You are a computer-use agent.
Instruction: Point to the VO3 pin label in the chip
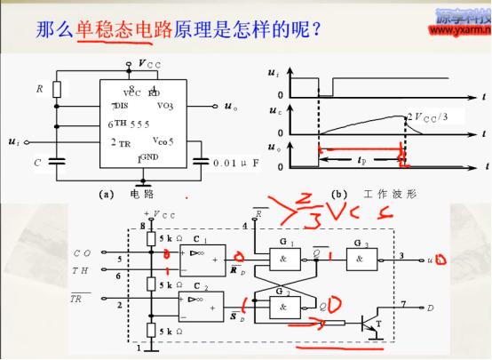coord(165,106)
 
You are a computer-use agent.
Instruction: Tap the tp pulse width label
coord(360,162)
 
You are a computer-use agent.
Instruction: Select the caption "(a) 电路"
coord(128,192)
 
